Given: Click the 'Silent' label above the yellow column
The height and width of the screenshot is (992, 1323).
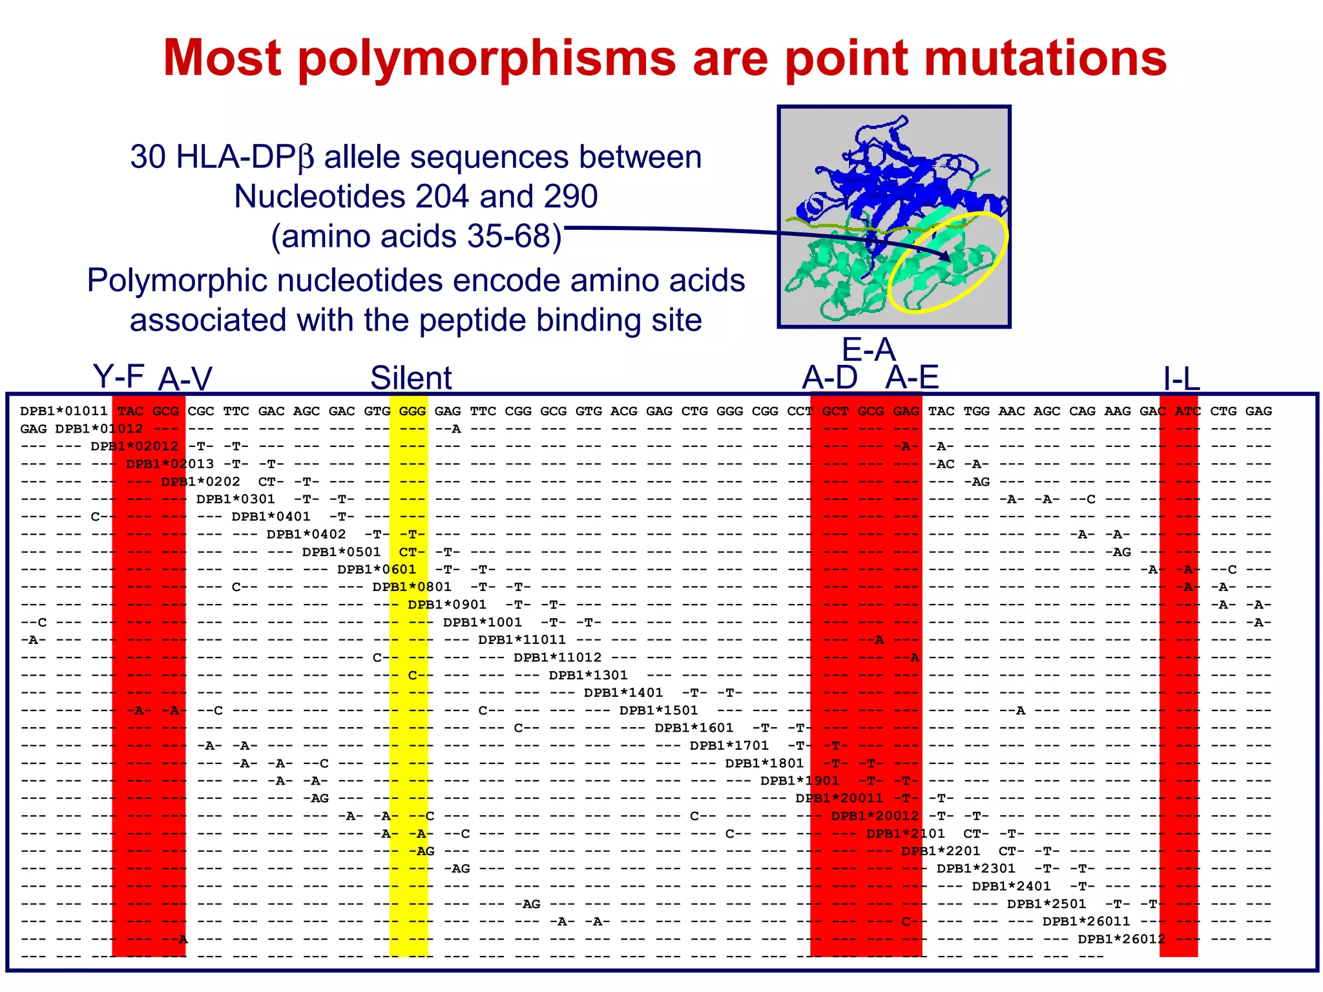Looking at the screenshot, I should click(411, 378).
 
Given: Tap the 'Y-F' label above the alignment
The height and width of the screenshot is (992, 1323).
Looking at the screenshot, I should click(118, 376).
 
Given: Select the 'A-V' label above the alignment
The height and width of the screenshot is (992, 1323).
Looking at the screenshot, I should click(185, 379).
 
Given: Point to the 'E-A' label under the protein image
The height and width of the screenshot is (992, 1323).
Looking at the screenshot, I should click(868, 350).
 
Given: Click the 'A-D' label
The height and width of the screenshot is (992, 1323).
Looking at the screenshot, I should click(829, 377).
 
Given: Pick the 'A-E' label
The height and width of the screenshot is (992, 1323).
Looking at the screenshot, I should click(912, 377).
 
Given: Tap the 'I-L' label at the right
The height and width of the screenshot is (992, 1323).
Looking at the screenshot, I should click(1181, 379).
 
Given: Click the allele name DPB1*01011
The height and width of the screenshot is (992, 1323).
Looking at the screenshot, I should click(63, 411).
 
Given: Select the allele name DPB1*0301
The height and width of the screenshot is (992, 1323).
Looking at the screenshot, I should click(235, 499).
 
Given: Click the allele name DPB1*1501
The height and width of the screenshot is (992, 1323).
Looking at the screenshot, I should click(658, 710).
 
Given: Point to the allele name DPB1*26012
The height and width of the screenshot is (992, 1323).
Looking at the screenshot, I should click(1121, 939).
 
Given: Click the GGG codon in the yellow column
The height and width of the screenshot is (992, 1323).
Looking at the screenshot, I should click(412, 411).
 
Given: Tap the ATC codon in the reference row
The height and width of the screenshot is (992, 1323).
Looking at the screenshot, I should click(1187, 411).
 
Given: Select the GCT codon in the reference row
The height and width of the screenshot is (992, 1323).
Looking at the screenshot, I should click(835, 411).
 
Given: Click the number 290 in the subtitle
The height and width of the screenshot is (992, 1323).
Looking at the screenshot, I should click(570, 196).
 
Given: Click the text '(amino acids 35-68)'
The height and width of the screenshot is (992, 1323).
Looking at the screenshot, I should click(416, 236).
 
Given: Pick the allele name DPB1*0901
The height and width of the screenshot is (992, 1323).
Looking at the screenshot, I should click(446, 605).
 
